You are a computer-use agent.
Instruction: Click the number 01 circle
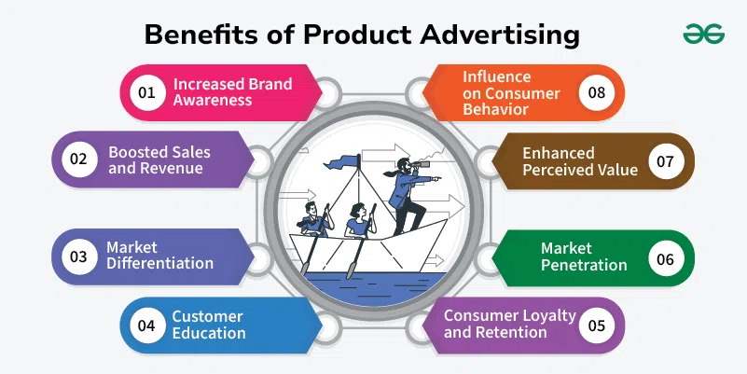(x=147, y=92)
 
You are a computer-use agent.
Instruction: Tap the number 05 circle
(x=597, y=326)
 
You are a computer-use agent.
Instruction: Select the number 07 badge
(x=666, y=161)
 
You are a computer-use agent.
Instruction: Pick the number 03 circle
(x=79, y=256)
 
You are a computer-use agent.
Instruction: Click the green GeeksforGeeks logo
(x=704, y=34)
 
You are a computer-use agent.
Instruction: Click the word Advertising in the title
(x=500, y=35)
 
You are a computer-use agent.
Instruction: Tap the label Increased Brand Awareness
(x=232, y=92)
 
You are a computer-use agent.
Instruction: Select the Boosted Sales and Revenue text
(x=159, y=160)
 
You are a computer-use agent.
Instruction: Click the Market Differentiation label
(x=159, y=256)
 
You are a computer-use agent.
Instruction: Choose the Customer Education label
(x=209, y=325)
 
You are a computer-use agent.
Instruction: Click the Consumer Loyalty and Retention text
(x=510, y=324)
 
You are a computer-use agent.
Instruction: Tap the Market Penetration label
(x=584, y=256)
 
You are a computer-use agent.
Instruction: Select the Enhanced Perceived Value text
(x=580, y=161)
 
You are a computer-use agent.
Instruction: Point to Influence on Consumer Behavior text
(x=511, y=93)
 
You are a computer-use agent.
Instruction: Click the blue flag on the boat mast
(x=342, y=162)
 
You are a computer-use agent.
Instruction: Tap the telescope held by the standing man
(x=421, y=164)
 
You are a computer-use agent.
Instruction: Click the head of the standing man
(x=403, y=166)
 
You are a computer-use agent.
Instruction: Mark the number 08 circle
(x=597, y=92)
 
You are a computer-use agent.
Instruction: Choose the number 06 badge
(x=666, y=258)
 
